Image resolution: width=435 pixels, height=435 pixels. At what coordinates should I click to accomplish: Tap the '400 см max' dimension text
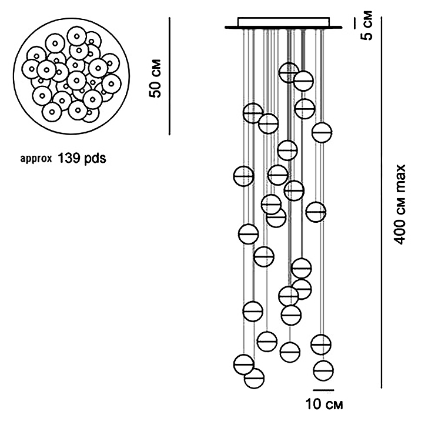pos(400,205)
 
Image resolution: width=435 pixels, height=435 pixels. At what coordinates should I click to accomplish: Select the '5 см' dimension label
pos(367,25)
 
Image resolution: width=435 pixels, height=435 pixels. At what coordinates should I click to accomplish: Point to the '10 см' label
pos(324,404)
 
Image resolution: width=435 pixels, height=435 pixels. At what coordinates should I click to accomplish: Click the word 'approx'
pos(36,159)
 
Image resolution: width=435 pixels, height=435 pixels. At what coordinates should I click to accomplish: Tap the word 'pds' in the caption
pos(94,158)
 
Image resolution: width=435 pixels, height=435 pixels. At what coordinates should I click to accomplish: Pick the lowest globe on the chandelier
pos(254,378)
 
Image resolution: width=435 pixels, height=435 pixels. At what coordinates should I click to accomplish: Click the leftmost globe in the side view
pos(243,176)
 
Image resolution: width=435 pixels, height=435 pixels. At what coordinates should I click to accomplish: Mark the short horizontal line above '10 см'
pos(323,390)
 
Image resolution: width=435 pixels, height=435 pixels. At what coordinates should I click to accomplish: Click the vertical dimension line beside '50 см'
pos(169,76)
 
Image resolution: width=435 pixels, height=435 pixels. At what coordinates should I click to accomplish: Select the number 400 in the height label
pos(400,233)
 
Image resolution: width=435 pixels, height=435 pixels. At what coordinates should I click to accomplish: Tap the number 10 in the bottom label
pos(313,404)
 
